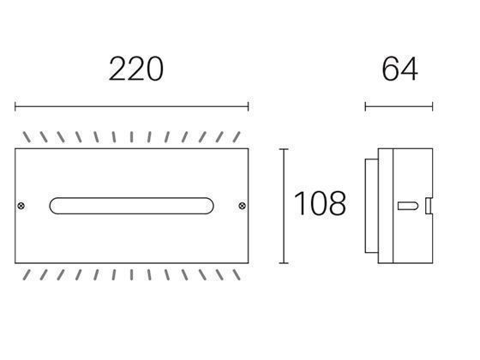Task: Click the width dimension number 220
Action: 135,69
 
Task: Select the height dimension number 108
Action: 320,204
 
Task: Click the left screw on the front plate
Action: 23,205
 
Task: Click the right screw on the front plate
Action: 241,205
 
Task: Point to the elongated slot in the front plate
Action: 132,205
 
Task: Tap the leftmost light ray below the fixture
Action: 26,273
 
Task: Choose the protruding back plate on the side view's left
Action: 369,205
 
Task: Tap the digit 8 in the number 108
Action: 336,204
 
